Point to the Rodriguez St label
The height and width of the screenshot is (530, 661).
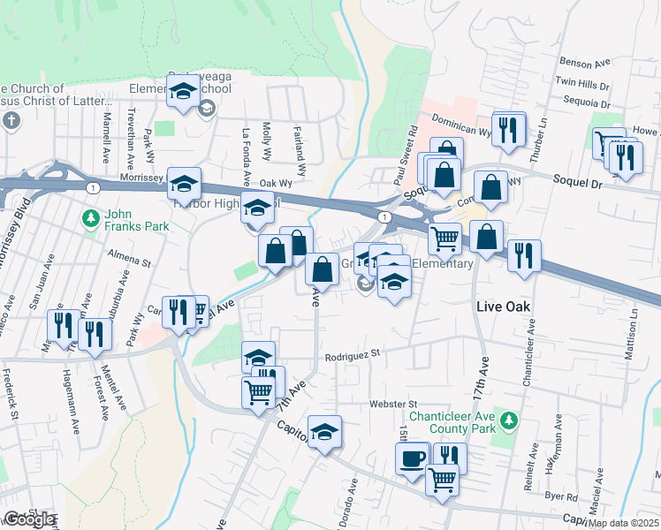click(352, 352)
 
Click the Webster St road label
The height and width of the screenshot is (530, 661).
click(387, 404)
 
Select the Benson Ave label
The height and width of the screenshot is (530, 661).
click(585, 64)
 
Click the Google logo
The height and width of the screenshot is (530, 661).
click(29, 519)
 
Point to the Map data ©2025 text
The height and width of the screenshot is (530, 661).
click(624, 523)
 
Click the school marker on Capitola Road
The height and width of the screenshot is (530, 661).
click(324, 432)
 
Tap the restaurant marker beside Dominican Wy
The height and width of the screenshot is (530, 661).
click(507, 129)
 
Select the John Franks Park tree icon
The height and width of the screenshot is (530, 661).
click(90, 217)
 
